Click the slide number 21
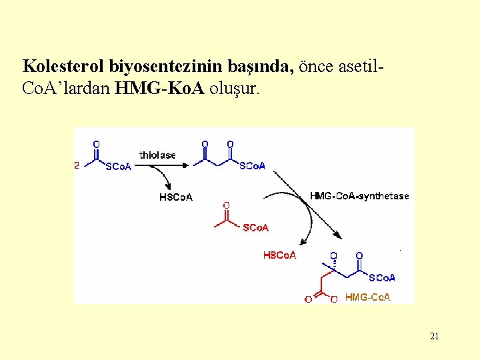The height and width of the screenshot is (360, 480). (x=434, y=337)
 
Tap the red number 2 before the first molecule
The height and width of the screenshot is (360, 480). (x=77, y=166)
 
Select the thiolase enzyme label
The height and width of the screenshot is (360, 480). (x=157, y=155)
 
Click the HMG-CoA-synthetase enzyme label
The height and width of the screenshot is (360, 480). (x=359, y=196)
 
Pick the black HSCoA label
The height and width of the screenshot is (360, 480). (x=176, y=197)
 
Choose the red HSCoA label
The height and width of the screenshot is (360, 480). (x=279, y=255)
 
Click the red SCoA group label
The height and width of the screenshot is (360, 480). (x=256, y=228)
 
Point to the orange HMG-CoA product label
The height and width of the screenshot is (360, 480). (x=367, y=297)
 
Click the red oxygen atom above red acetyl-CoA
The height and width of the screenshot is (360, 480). (x=227, y=205)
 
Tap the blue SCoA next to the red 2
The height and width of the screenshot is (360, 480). (x=119, y=167)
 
